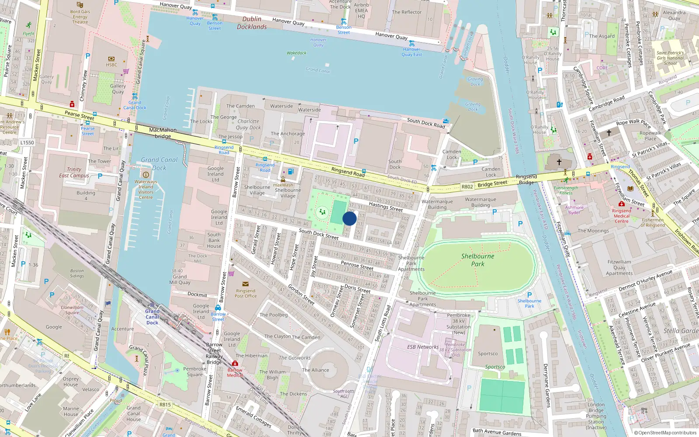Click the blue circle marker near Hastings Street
349,218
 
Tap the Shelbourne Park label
478,260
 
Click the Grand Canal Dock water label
159,164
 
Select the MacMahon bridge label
163,133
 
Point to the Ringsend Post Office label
246,293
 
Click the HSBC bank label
111,65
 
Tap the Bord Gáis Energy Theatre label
80,17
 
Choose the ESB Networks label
422,347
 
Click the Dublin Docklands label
252,23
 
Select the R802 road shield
467,187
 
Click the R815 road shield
165,405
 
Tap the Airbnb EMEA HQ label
361,10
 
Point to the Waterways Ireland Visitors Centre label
146,189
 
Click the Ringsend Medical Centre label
621,216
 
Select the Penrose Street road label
357,266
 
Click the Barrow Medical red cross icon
235,364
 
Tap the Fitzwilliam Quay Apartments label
619,267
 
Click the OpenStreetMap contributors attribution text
665,433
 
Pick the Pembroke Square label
195,371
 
